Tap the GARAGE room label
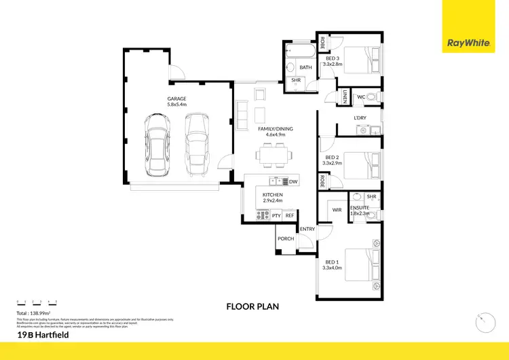[x=177, y=98]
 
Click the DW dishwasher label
[x=293, y=181]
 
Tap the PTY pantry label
[x=276, y=215]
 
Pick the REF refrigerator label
[x=290, y=215]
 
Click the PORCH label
[x=285, y=238]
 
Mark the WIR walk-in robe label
[x=337, y=211]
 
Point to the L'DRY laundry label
[x=360, y=118]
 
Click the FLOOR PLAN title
[x=252, y=306]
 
